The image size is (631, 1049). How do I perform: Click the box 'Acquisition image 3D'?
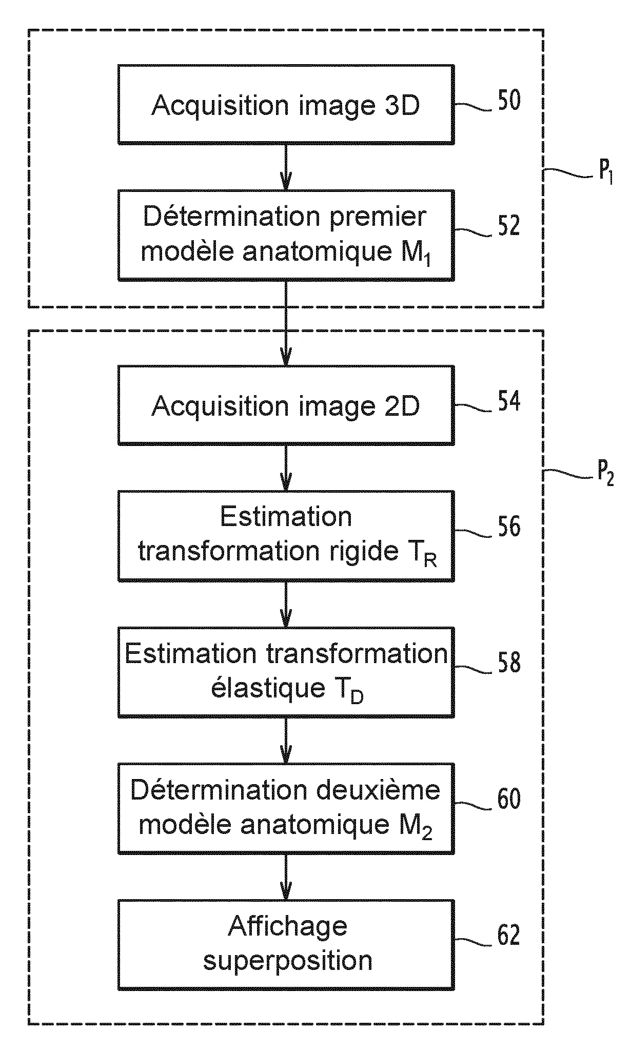tap(286, 104)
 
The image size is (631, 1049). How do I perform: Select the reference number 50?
tap(509, 101)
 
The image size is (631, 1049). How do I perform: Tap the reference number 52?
tap(509, 226)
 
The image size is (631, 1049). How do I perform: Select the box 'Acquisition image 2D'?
tap(286, 405)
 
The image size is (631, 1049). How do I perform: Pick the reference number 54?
tap(509, 401)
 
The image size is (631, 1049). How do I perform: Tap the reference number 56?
tap(509, 527)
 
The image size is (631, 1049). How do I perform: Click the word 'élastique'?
tap(268, 688)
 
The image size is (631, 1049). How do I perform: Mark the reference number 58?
tap(509, 663)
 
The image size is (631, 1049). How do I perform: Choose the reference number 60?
tap(509, 799)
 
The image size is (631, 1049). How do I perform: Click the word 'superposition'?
tap(287, 961)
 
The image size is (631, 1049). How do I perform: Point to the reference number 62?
tap(509, 935)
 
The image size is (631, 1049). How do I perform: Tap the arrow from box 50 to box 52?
tap(286, 167)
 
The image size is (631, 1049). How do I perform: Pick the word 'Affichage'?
tap(287, 926)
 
